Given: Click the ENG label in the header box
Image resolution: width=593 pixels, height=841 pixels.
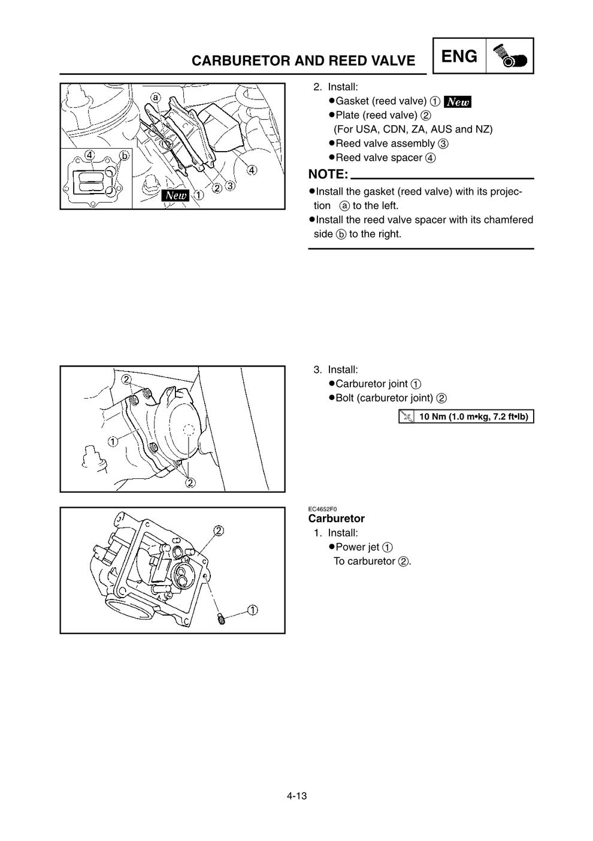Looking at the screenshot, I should tap(459, 56).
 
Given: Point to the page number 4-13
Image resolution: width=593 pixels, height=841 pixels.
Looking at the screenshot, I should tap(296, 796).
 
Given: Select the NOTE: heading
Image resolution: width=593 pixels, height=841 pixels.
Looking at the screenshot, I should tap(328, 174).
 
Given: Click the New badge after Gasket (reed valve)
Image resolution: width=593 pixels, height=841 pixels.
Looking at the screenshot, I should tap(458, 101).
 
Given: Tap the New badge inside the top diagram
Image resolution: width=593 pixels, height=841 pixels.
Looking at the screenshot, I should tap(176, 195).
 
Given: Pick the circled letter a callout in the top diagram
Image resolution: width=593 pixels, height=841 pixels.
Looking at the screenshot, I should tap(156, 97).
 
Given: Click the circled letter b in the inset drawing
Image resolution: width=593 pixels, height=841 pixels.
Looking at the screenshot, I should tap(124, 156).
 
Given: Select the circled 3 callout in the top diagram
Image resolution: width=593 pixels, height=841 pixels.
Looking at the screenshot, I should tap(229, 186).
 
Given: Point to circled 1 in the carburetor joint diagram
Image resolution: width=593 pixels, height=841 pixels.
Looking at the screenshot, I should tap(113, 442).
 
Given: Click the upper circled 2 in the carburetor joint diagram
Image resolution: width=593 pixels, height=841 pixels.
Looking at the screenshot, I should tap(127, 379).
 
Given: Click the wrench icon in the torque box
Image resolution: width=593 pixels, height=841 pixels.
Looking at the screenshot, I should tap(406, 417).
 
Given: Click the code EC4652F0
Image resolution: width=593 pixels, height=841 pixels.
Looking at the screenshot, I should tap(322, 509).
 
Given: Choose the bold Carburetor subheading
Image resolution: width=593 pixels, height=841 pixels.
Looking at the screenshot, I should tap(336, 519).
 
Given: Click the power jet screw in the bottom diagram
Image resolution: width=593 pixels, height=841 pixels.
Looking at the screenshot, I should tap(220, 617).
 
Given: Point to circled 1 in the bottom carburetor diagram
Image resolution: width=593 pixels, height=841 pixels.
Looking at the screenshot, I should tap(253, 610).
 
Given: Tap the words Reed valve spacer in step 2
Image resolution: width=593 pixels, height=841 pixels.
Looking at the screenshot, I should tap(379, 158).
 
